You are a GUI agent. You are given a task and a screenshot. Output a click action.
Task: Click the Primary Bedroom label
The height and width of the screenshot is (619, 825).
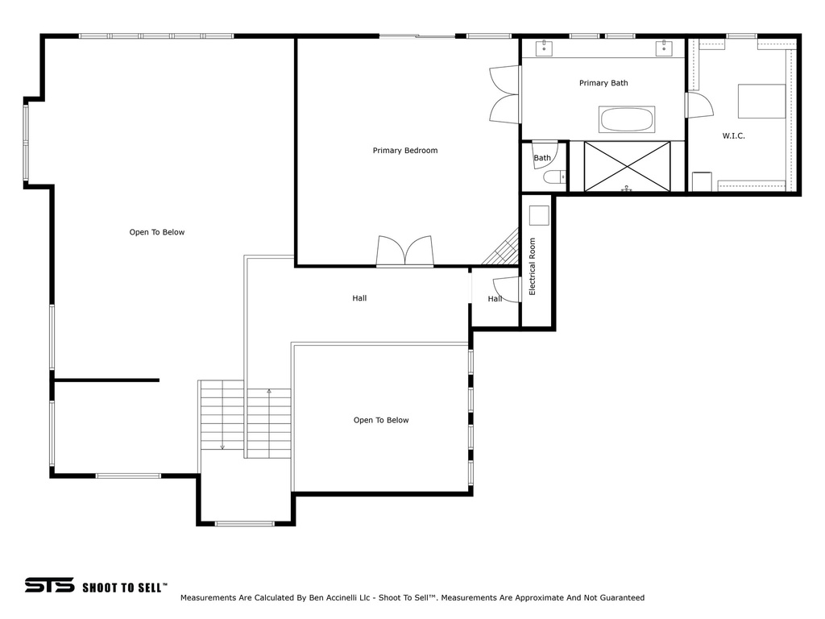[x=404, y=151]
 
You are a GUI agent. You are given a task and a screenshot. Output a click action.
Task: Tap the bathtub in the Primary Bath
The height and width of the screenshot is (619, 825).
[x=627, y=120]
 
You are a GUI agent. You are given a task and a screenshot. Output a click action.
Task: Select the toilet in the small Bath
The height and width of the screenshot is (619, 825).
[x=553, y=177]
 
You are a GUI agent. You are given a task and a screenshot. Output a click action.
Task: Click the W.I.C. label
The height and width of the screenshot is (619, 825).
[x=733, y=136]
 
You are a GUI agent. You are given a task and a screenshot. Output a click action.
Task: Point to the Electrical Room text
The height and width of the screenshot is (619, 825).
[x=532, y=267]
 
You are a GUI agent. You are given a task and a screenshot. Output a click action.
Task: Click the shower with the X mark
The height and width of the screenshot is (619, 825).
[x=627, y=166]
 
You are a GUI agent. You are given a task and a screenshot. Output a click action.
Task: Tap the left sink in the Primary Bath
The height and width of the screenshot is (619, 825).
[x=544, y=48]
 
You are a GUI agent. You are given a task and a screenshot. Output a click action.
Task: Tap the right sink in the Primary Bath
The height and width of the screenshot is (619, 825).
[x=664, y=48]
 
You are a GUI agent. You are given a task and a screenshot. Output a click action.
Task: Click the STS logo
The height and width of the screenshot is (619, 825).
[x=49, y=585]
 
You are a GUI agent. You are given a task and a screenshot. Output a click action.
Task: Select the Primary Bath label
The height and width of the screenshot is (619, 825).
[x=603, y=83]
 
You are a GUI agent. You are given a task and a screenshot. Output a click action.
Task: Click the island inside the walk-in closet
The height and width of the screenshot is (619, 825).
[x=761, y=101]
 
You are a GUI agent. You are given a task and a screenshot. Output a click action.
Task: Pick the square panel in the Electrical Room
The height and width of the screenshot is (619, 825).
[x=538, y=215]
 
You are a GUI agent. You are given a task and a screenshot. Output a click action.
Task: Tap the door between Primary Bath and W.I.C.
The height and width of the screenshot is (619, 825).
[x=699, y=106]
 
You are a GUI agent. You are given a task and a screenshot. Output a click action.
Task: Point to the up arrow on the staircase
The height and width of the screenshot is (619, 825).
[x=269, y=393]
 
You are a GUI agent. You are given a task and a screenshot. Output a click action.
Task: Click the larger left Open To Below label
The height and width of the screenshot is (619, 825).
[x=157, y=233]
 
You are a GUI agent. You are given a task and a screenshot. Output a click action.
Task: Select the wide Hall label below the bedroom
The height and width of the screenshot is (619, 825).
[x=359, y=298]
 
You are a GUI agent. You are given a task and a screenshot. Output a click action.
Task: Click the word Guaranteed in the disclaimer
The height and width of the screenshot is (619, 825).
[x=618, y=598]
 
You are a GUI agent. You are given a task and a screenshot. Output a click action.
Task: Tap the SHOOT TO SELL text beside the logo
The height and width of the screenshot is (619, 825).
[x=124, y=588]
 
